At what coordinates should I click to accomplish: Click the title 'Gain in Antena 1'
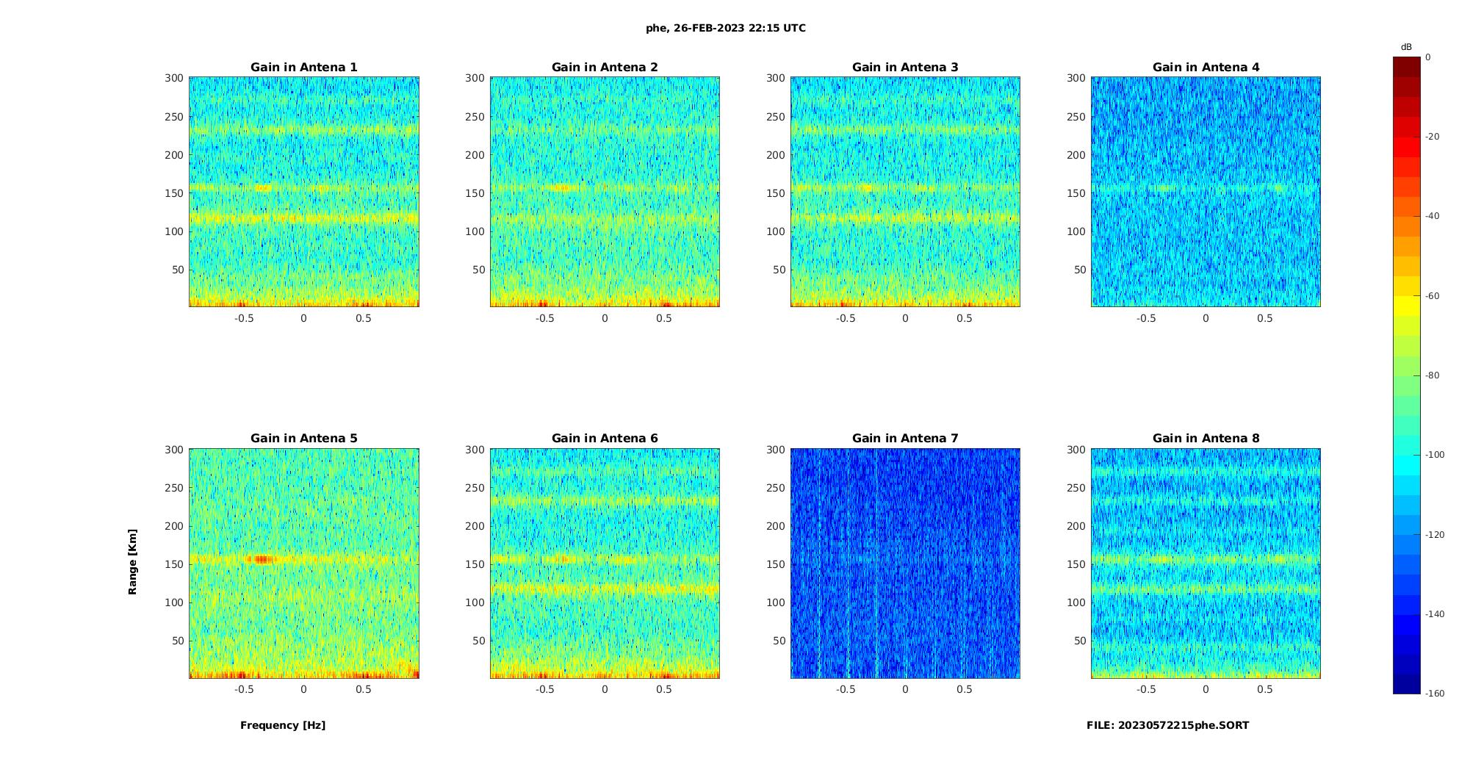click(x=303, y=67)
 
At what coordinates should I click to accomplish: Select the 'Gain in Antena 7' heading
click(x=905, y=438)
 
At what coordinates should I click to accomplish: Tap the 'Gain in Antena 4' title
click(x=1206, y=67)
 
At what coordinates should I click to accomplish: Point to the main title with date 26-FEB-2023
click(x=726, y=28)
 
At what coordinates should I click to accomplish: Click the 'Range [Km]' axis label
click(x=133, y=562)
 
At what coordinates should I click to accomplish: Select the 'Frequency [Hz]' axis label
click(x=283, y=725)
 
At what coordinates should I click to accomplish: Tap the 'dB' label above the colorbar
click(x=1406, y=47)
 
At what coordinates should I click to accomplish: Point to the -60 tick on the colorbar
click(x=1433, y=296)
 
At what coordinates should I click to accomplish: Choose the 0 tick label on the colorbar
click(x=1428, y=57)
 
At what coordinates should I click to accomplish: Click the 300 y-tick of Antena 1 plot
click(x=174, y=78)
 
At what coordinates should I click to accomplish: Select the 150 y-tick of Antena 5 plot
click(x=174, y=564)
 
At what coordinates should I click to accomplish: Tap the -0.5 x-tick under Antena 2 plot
click(x=544, y=318)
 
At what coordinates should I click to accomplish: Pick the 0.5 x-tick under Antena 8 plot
click(x=1265, y=689)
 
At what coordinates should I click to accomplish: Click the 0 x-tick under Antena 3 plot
click(x=905, y=318)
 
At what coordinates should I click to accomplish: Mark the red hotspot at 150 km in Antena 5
click(x=259, y=559)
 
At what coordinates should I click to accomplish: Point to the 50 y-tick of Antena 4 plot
click(x=1079, y=270)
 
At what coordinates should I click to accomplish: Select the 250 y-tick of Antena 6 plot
click(x=475, y=488)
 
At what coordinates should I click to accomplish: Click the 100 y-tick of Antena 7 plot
click(x=775, y=602)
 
